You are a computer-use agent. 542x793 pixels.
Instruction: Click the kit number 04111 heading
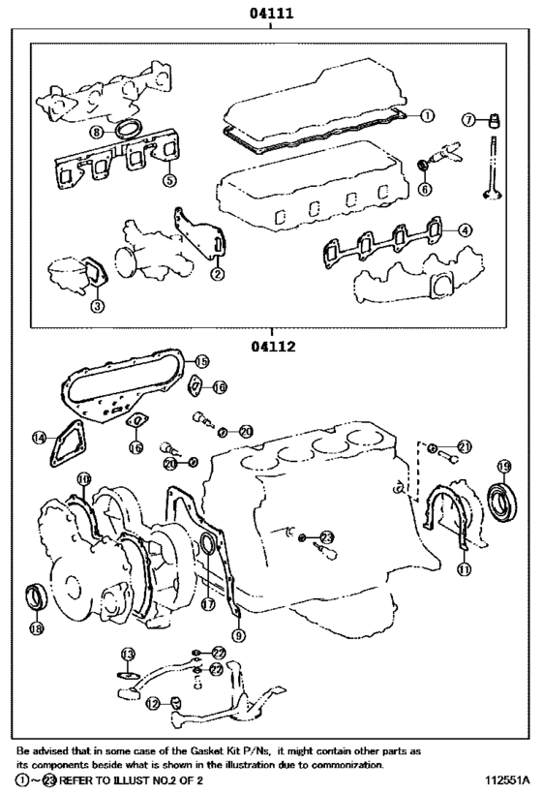[x=270, y=14]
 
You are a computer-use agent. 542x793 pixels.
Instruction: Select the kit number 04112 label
[x=270, y=346]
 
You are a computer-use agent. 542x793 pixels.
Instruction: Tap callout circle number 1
[x=426, y=115]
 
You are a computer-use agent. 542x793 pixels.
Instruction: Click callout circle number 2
[x=218, y=274]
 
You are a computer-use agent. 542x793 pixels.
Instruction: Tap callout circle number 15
[x=201, y=360]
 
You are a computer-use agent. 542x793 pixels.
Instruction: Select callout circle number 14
[x=39, y=438]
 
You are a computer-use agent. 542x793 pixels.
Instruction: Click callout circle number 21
[x=465, y=446]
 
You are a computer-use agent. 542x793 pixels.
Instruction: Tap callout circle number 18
[x=37, y=628]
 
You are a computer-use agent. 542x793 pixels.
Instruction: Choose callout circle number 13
[x=128, y=655]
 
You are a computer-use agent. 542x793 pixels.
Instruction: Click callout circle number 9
[x=239, y=635]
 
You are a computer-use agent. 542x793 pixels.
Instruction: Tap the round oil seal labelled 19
[x=503, y=503]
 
